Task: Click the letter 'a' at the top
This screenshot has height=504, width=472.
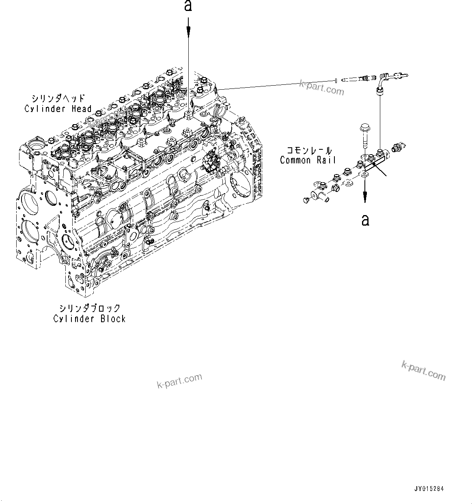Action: pos(188,6)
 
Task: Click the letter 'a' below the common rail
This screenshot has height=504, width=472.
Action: pos(365,220)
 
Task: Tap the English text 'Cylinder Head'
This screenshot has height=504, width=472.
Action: pos(58,109)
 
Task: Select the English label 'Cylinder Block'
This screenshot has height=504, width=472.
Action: pos(89,319)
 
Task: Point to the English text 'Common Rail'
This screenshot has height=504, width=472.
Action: pos(308,160)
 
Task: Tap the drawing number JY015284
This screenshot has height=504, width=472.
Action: pos(429,489)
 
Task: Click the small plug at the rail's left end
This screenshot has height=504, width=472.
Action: pos(306,200)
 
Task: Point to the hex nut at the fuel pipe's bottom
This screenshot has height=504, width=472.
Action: pos(379,92)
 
